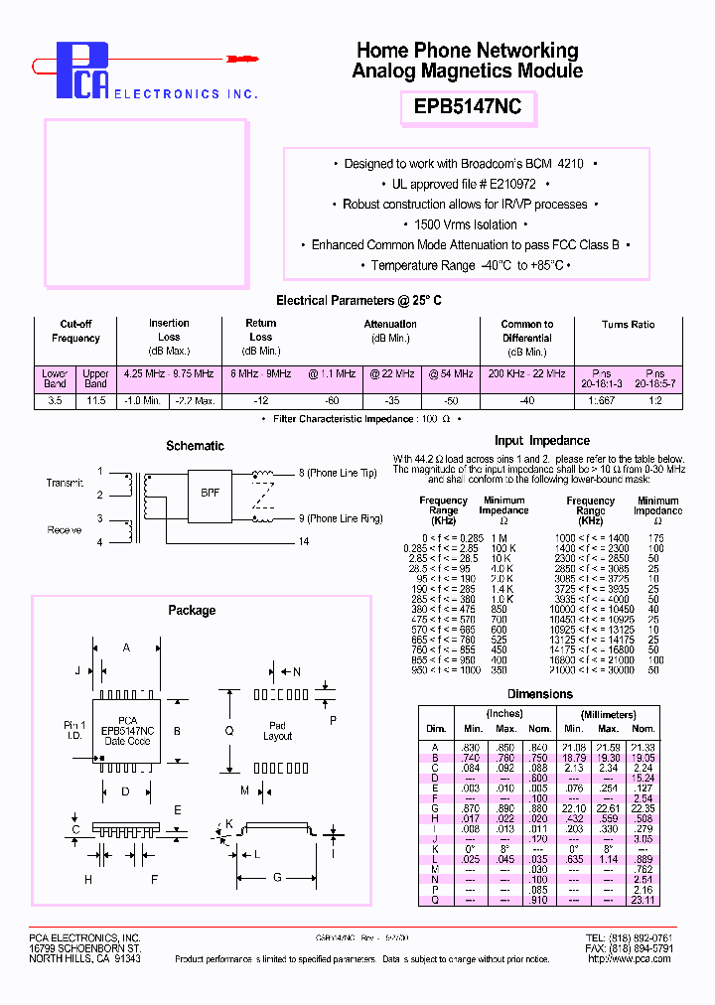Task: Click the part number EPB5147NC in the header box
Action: [x=467, y=107]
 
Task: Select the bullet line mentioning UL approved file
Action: [x=466, y=185]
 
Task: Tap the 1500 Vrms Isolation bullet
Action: [x=466, y=225]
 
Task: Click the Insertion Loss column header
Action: [x=169, y=337]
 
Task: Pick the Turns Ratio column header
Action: [x=628, y=325]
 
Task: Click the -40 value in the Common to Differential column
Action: [x=526, y=400]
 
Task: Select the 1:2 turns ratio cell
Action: [x=655, y=400]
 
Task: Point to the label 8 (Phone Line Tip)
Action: [x=338, y=474]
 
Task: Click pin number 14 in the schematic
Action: [x=304, y=542]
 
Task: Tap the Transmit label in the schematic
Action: [x=65, y=483]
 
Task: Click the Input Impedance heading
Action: [x=541, y=440]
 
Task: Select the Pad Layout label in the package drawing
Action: [x=278, y=731]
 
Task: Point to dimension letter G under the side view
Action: [x=277, y=877]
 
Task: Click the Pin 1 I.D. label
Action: [x=75, y=730]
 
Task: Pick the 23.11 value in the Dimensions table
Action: [x=643, y=900]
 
